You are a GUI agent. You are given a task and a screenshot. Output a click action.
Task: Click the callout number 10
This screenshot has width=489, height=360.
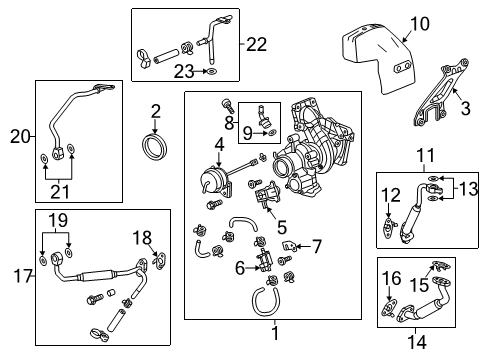[x=418, y=23]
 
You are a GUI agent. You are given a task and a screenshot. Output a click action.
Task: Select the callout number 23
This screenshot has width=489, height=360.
[x=182, y=71]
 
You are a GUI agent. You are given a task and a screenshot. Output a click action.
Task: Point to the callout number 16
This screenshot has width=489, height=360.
[x=391, y=277]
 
